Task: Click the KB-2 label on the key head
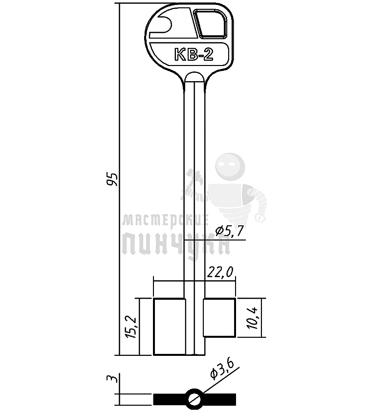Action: coord(194,55)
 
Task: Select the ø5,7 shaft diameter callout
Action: coord(229,231)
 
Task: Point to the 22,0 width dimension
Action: coord(220,272)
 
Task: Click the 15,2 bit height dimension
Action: coord(131,327)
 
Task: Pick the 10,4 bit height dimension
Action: coord(253,318)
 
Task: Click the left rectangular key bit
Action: coord(170,327)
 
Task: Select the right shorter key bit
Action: coord(219,318)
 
